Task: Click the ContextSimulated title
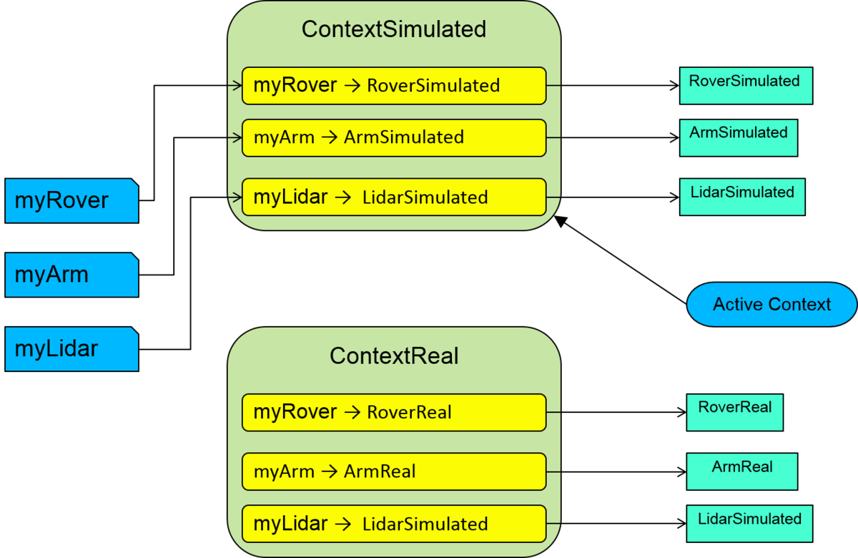click(x=393, y=29)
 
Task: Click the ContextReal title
click(x=393, y=356)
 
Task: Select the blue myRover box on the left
click(x=71, y=200)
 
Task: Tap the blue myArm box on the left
click(x=71, y=275)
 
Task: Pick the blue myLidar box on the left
click(x=71, y=349)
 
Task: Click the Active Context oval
click(x=771, y=305)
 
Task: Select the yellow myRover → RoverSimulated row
click(x=393, y=86)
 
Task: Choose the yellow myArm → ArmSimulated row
click(x=393, y=137)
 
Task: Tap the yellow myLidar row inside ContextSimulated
click(x=393, y=197)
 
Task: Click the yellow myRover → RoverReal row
click(x=393, y=412)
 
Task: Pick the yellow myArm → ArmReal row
click(x=393, y=471)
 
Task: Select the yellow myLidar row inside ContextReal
click(x=393, y=524)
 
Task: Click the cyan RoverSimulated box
click(x=745, y=86)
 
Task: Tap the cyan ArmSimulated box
click(x=738, y=137)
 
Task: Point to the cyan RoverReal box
click(x=734, y=412)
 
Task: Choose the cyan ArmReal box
click(x=741, y=471)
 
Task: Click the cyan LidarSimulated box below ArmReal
click(x=749, y=524)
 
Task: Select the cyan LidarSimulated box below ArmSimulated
click(x=741, y=197)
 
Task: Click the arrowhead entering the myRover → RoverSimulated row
click(x=238, y=86)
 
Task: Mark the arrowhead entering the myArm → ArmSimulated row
click(x=238, y=137)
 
